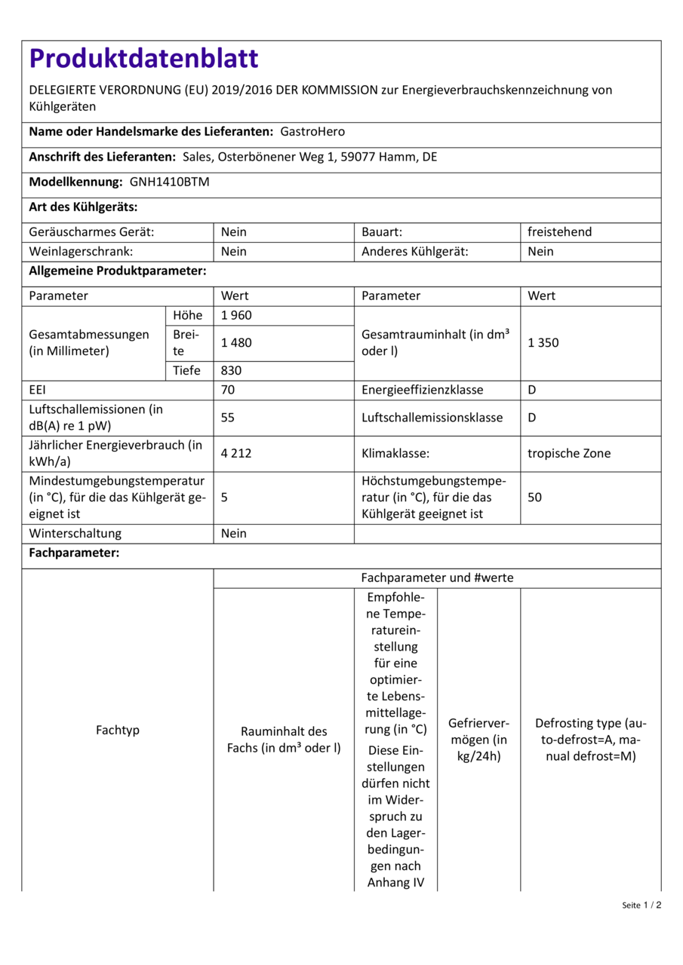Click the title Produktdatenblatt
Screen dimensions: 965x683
tap(143, 59)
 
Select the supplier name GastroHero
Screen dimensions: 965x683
tap(312, 131)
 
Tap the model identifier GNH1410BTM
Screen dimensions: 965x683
tap(169, 182)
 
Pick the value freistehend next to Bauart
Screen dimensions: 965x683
tap(559, 232)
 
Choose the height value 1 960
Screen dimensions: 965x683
tap(236, 315)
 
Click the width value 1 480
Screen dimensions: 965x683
tap(236, 342)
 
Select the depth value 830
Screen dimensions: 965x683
tap(232, 370)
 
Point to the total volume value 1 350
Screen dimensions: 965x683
tap(543, 342)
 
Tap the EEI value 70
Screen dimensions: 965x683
tap(228, 390)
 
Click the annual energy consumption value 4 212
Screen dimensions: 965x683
tap(236, 453)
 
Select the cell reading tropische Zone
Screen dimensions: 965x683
tap(569, 453)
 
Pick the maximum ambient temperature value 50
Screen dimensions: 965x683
tap(534, 498)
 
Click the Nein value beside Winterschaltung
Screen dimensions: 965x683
tap(234, 533)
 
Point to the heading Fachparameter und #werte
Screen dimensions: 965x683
tap(437, 577)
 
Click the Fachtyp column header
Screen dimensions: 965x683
tap(118, 730)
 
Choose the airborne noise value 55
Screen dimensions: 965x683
tap(228, 418)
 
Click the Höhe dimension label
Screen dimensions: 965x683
tap(187, 315)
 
